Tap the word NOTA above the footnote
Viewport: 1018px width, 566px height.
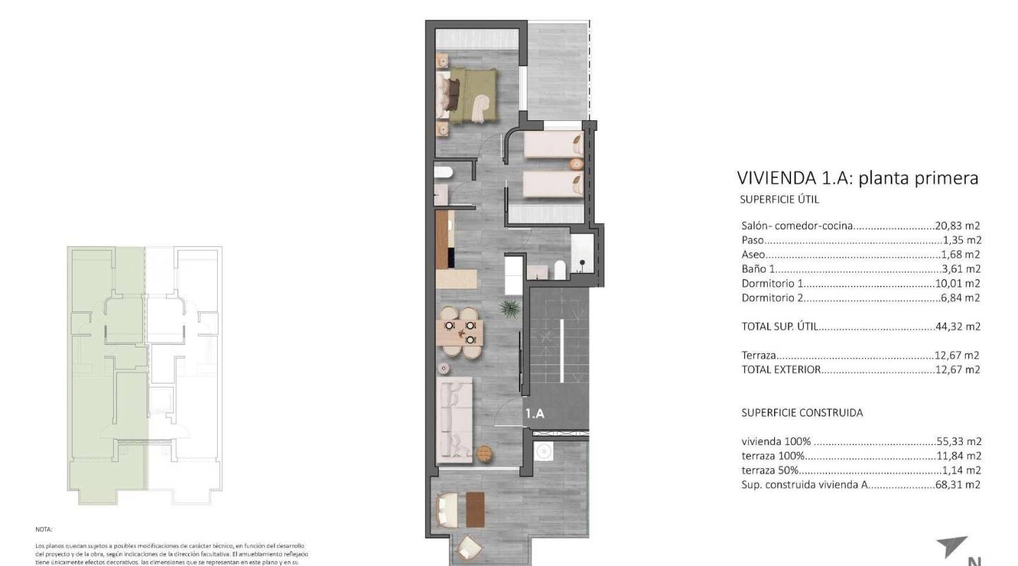coord(44,529)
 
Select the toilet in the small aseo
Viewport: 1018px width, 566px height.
coord(443,173)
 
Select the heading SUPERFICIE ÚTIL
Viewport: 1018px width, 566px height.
coord(779,200)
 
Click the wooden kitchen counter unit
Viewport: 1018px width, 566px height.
coord(443,241)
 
